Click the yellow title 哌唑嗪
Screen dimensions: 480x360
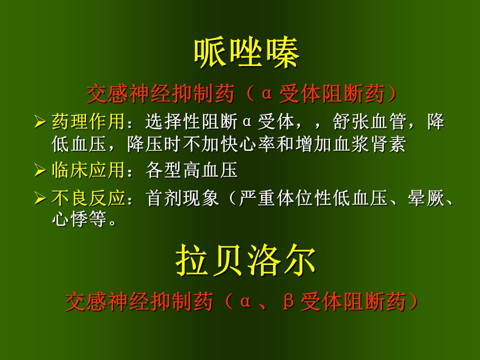pyautogui.click(x=246, y=53)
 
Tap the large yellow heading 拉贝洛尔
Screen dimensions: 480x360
pyautogui.click(x=246, y=260)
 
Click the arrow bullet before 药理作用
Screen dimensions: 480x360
pyautogui.click(x=40, y=122)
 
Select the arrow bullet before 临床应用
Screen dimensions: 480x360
pyautogui.click(x=40, y=170)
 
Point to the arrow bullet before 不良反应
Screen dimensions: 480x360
pyautogui.click(x=40, y=198)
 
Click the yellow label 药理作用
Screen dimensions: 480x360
pyautogui.click(x=88, y=121)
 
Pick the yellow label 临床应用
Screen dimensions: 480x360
pyautogui.click(x=88, y=170)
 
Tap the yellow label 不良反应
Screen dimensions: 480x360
pyautogui.click(x=88, y=198)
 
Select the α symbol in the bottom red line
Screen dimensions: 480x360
pyautogui.click(x=245, y=302)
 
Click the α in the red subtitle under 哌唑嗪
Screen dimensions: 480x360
pyautogui.click(x=267, y=93)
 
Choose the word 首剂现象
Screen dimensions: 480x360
pyautogui.click(x=182, y=198)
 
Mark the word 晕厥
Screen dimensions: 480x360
pyautogui.click(x=426, y=198)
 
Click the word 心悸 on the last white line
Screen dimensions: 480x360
pyautogui.click(x=70, y=218)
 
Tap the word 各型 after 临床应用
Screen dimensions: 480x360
pyautogui.click(x=164, y=170)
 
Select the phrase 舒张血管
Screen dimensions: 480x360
pyautogui.click(x=369, y=121)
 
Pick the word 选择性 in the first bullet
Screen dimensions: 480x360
pyautogui.click(x=173, y=121)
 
